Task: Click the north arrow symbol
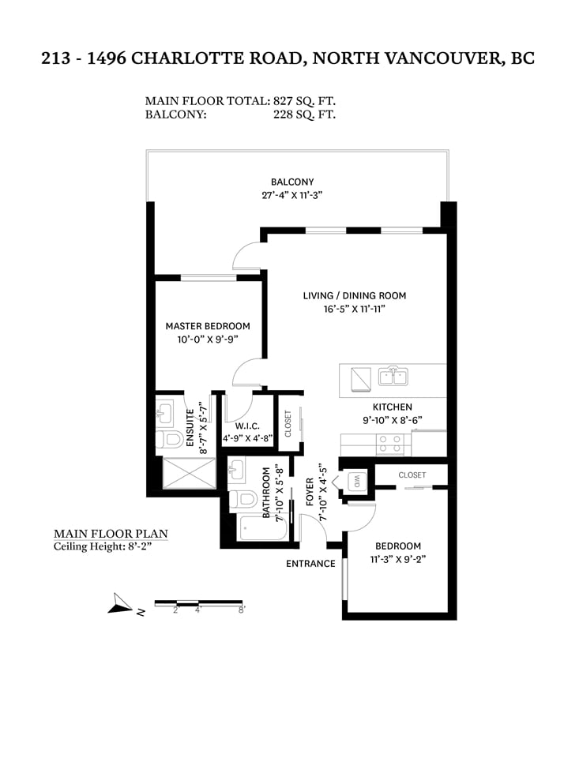120,604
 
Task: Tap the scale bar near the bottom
198,602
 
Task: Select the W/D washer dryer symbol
357,482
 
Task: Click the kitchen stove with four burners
390,445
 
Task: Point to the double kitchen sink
393,376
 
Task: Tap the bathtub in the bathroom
261,528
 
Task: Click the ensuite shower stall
189,474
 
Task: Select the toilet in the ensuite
167,440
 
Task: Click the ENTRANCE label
310,564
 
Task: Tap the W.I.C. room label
248,426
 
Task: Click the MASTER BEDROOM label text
208,326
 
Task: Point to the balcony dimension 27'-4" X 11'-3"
291,195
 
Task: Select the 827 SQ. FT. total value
304,101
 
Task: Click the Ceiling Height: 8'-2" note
103,546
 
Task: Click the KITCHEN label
393,407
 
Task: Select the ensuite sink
164,413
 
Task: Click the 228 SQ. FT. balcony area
304,114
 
